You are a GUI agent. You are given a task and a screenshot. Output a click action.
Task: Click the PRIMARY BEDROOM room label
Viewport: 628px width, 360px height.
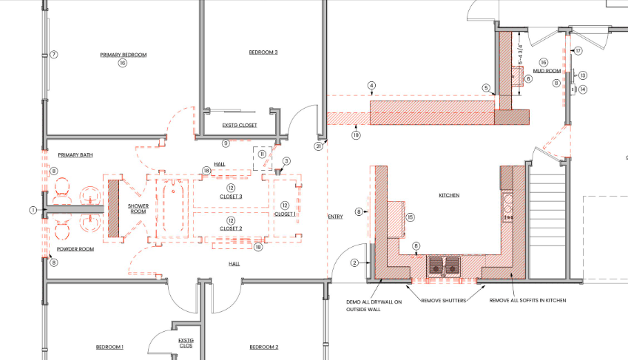[124, 55]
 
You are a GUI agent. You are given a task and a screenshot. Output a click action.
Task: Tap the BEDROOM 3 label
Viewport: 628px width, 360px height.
[263, 52]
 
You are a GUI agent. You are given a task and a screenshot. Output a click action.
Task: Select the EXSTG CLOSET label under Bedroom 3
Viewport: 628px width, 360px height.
[240, 126]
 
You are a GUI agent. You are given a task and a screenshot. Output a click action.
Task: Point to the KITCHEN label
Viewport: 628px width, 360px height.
[449, 195]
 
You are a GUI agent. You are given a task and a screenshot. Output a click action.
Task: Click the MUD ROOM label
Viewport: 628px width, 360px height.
[547, 71]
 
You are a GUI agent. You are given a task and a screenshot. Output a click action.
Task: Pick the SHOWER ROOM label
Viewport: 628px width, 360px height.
[138, 208]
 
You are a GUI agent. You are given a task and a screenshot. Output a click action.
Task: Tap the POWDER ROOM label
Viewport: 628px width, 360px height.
[75, 249]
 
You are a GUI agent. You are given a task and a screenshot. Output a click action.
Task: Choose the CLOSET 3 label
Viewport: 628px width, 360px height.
[231, 197]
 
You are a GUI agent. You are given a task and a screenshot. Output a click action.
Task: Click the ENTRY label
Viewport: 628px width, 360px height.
[336, 217]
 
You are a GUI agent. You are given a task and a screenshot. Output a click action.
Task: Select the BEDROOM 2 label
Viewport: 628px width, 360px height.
[264, 347]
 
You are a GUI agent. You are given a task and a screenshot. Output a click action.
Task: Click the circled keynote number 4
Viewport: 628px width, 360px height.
[372, 85]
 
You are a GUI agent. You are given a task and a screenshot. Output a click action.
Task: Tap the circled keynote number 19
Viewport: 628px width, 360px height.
[356, 135]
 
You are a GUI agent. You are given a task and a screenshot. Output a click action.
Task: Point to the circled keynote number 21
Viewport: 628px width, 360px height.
[318, 146]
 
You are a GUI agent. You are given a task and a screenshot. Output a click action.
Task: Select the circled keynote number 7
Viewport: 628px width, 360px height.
[54, 55]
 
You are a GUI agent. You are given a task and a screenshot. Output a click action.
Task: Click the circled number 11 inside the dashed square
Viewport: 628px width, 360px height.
[263, 154]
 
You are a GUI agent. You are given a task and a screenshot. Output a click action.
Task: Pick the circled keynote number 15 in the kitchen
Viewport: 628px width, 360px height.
[410, 217]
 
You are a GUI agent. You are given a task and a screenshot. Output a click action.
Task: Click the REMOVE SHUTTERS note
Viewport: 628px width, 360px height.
[444, 300]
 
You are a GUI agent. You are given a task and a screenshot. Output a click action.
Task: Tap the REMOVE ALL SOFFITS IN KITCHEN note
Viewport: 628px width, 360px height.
[528, 300]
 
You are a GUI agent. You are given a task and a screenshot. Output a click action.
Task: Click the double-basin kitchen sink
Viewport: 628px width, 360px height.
[444, 266]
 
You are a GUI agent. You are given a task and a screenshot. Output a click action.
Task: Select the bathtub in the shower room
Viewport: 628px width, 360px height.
[173, 208]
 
